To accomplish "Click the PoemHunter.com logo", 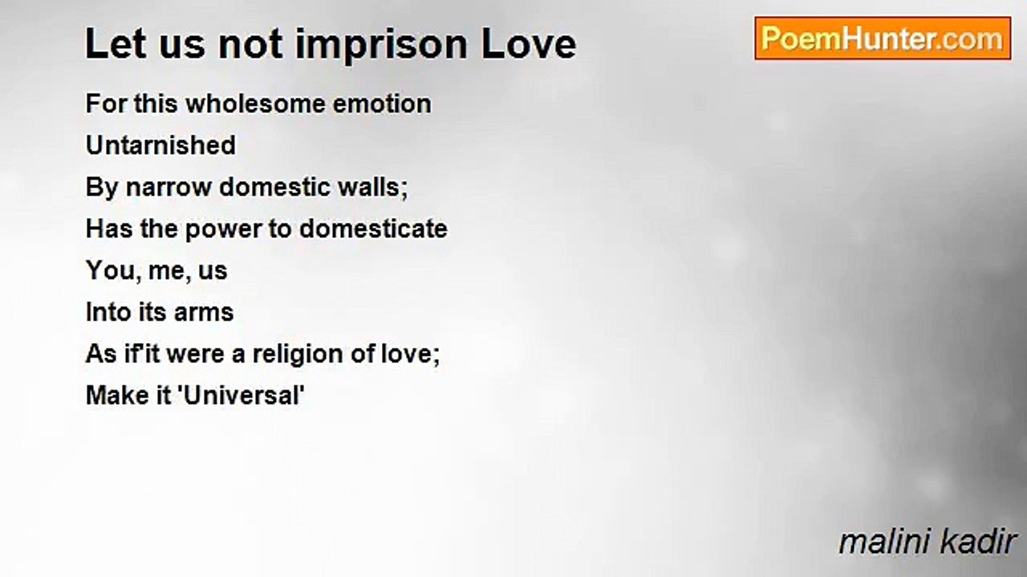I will coord(882,38).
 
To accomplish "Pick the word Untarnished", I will coord(160,146).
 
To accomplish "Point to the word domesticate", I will coord(373,229).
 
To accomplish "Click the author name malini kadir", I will coord(927,543).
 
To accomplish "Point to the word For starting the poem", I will coord(106,104).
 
